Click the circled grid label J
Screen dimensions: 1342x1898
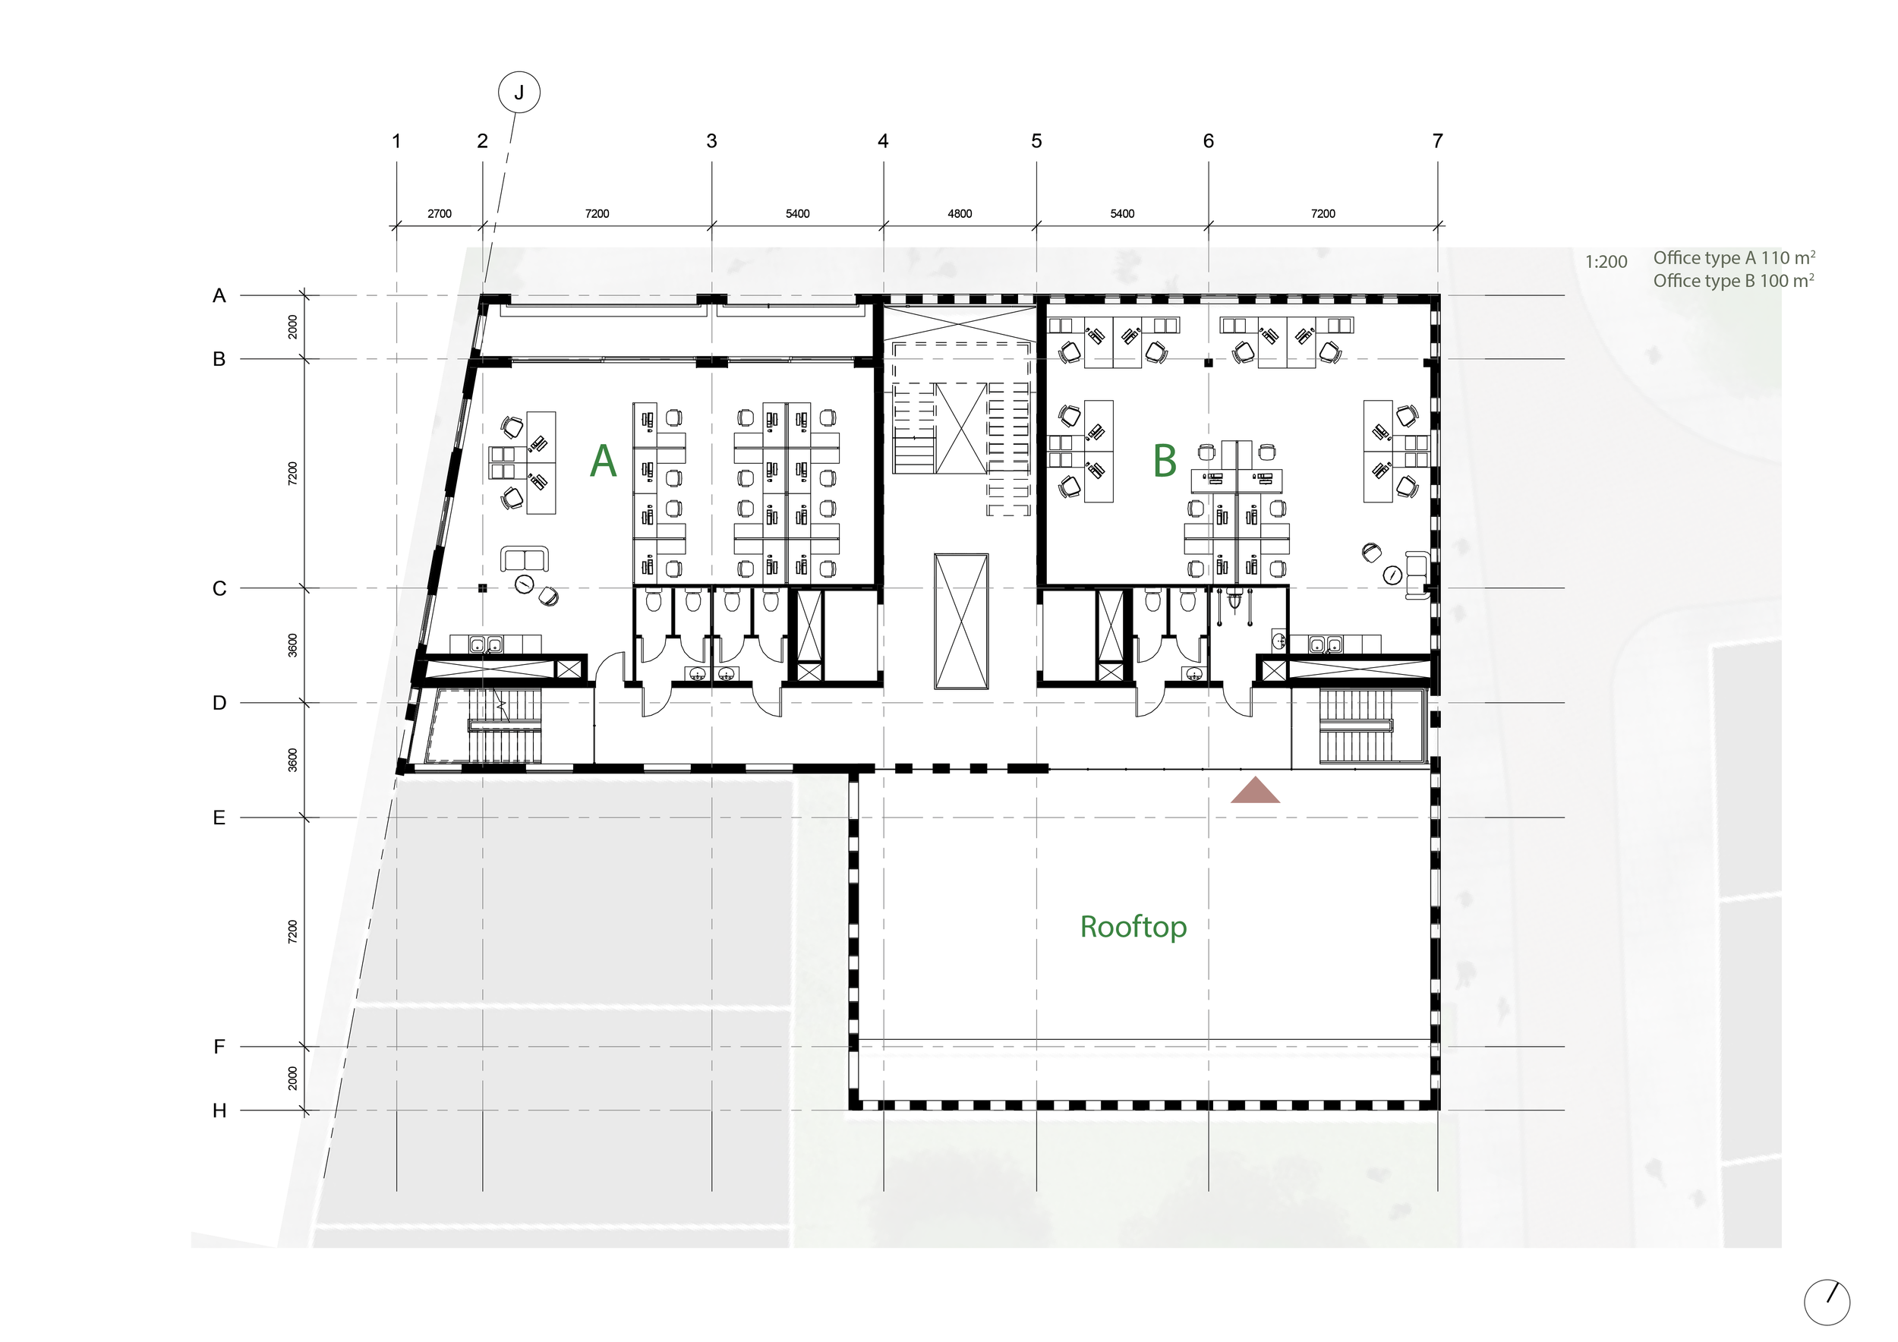click(x=519, y=93)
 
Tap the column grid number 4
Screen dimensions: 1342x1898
click(x=883, y=141)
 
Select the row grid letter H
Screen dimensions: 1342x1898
click(x=219, y=1110)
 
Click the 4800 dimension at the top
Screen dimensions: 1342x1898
click(x=960, y=214)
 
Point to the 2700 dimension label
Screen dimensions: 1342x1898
click(x=439, y=214)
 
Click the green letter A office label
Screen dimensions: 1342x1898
click(x=603, y=461)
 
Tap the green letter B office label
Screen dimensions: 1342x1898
click(x=1164, y=461)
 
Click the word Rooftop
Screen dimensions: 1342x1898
click(x=1133, y=927)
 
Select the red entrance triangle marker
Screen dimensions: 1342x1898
click(x=1255, y=792)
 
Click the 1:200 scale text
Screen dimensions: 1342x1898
click(x=1606, y=262)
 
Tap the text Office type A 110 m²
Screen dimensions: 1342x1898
click(x=1733, y=258)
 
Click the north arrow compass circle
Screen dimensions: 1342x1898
click(x=1826, y=1303)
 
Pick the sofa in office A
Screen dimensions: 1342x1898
click(x=524, y=559)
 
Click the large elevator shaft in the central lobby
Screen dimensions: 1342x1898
click(x=960, y=621)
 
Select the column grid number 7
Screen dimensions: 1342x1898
click(x=1438, y=141)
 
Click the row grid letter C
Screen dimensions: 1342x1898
click(x=219, y=588)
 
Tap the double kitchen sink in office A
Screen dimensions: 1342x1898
click(x=486, y=644)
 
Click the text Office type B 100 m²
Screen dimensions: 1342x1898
click(x=1733, y=281)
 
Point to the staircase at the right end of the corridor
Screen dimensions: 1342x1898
click(x=1356, y=726)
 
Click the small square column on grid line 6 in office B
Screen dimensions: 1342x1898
click(x=1208, y=362)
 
